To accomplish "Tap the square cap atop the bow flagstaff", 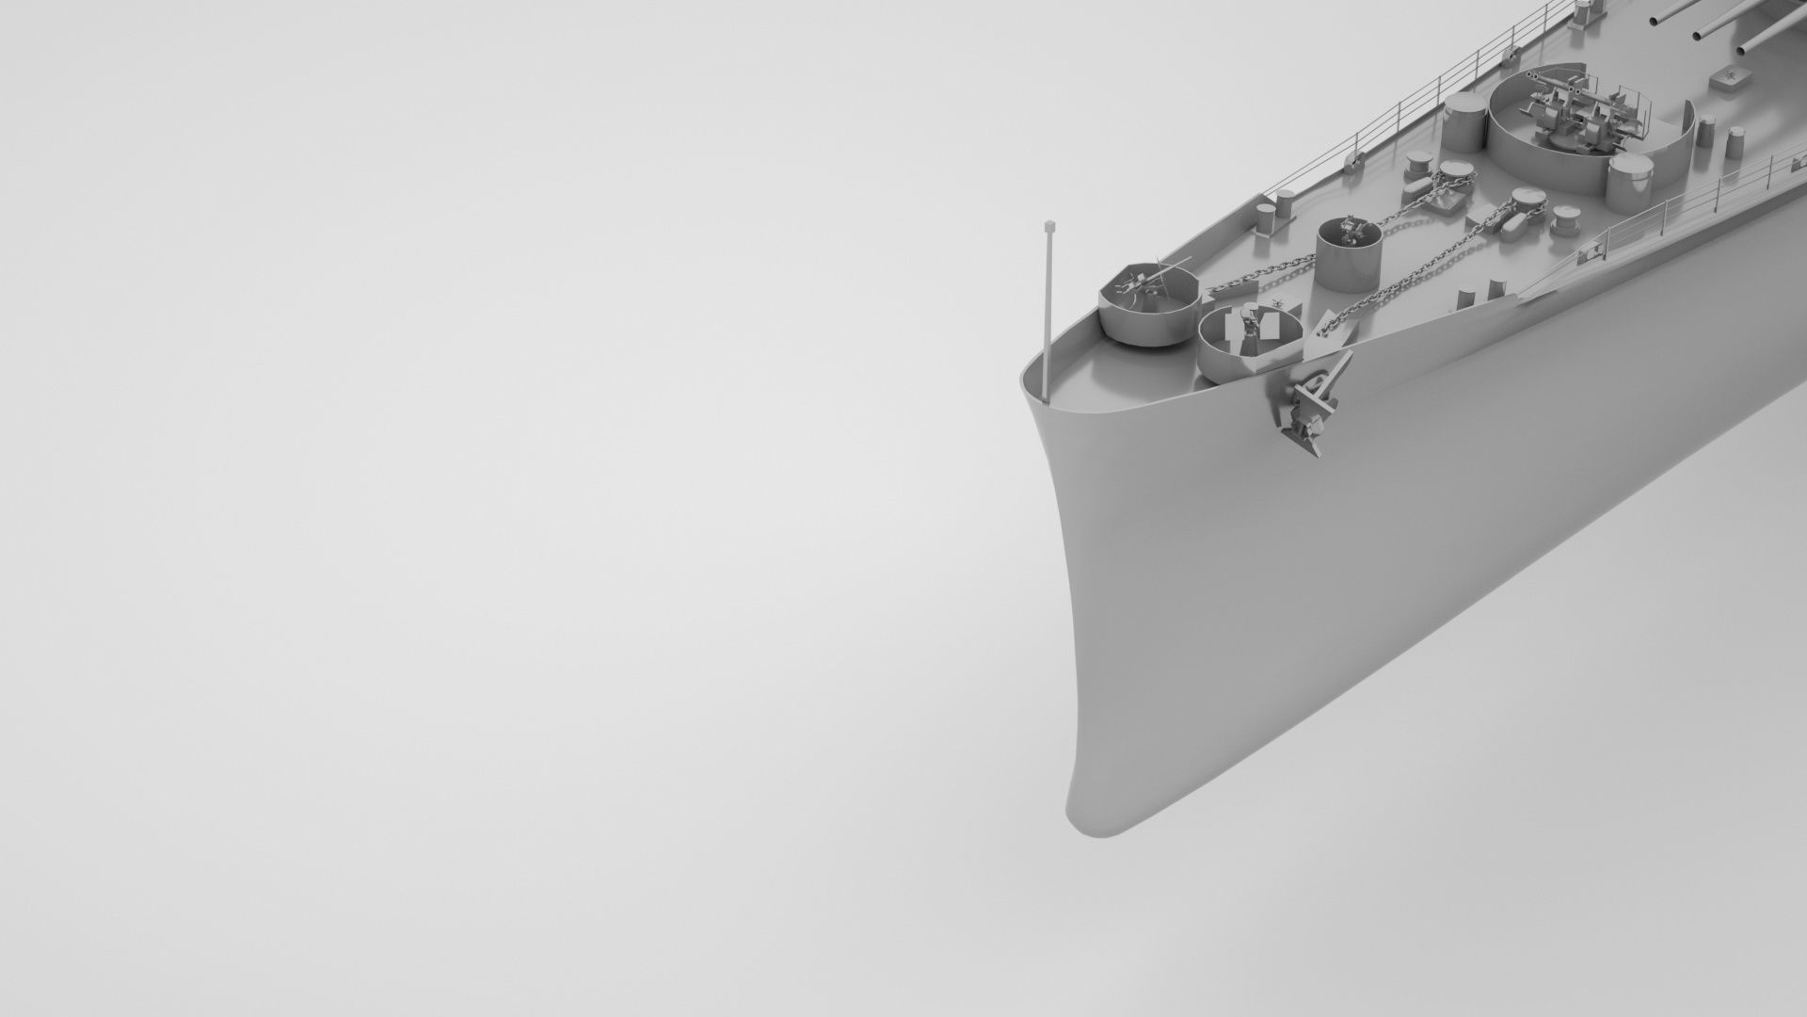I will pos(1048,226).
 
